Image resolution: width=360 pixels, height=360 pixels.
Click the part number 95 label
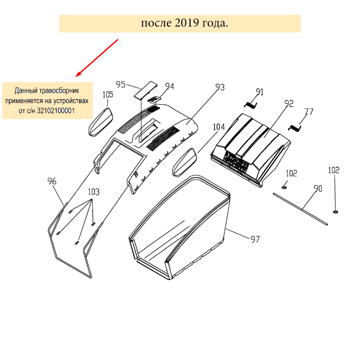point(121,84)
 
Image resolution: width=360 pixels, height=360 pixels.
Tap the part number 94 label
point(170,86)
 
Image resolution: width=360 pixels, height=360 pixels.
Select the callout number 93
point(220,87)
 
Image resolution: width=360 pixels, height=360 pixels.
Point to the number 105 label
point(108,94)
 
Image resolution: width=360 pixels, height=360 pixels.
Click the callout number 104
point(219,127)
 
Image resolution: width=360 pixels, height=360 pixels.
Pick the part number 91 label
point(259,92)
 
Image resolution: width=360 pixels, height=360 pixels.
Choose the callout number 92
point(289,104)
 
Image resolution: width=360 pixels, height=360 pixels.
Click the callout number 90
point(317,188)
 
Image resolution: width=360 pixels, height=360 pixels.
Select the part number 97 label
point(255,240)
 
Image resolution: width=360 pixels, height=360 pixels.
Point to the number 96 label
point(52,181)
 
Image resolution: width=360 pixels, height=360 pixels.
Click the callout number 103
point(93,192)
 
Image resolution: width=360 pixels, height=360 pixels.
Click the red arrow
point(97,57)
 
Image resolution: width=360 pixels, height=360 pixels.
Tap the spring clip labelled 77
point(294,128)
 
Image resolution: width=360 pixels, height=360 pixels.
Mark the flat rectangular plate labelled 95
point(146,90)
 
